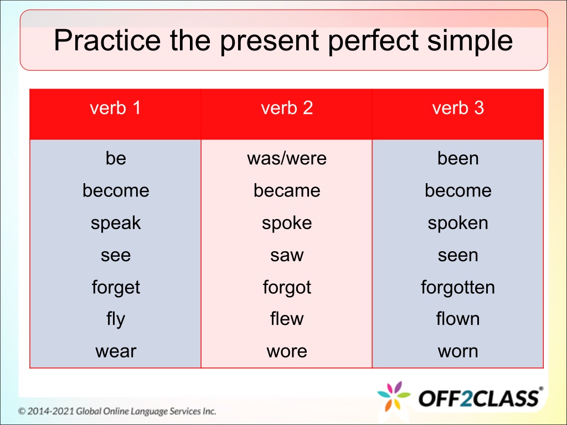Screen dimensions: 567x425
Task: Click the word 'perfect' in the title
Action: pyautogui.click(x=373, y=40)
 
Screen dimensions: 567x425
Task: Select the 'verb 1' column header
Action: pyautogui.click(x=115, y=108)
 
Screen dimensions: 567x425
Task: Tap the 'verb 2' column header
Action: pyautogui.click(x=287, y=108)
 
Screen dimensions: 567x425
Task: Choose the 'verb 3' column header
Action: pyautogui.click(x=458, y=108)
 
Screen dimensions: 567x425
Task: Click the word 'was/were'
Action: pyautogui.click(x=287, y=158)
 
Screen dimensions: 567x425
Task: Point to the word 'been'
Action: pyautogui.click(x=458, y=158)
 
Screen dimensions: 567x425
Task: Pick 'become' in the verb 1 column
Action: pyautogui.click(x=116, y=190)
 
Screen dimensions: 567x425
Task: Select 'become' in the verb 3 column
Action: pyautogui.click(x=458, y=190)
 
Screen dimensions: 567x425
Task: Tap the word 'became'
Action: pyautogui.click(x=287, y=190)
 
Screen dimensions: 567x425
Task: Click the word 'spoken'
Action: pyautogui.click(x=458, y=223)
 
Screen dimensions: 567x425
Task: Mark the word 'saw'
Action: pyautogui.click(x=287, y=255)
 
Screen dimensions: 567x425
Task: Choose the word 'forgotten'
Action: pyautogui.click(x=458, y=287)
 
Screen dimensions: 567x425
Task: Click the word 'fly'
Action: pyautogui.click(x=116, y=319)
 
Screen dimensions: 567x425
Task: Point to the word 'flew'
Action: pyautogui.click(x=287, y=318)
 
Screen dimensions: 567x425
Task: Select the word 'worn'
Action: pyautogui.click(x=458, y=351)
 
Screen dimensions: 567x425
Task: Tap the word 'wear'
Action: pyautogui.click(x=116, y=351)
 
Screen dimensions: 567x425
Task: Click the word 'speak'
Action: pyautogui.click(x=116, y=223)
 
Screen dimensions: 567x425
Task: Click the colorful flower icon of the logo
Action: pyautogui.click(x=394, y=396)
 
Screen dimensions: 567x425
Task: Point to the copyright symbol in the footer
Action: pyautogui.click(x=22, y=411)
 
